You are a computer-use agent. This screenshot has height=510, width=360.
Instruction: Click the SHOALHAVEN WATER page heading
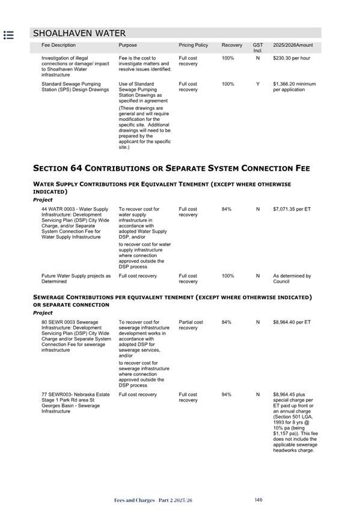[x=79, y=33]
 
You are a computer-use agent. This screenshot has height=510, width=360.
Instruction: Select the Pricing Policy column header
[x=193, y=45]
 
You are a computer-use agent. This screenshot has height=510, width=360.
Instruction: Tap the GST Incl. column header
[x=258, y=48]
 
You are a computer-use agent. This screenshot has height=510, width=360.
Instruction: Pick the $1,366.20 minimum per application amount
[x=294, y=87]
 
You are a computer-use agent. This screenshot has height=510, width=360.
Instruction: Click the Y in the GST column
[x=258, y=84]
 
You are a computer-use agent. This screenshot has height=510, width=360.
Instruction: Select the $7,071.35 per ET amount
[x=291, y=209]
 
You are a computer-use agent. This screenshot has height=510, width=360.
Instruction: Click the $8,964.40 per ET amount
[x=291, y=322]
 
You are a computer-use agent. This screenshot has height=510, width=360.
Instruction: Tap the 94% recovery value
[x=227, y=395]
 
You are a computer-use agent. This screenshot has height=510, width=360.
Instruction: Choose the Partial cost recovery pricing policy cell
[x=191, y=325]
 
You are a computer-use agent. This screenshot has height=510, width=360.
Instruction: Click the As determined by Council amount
[x=291, y=278]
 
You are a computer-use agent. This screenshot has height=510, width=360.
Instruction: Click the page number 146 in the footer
[x=258, y=500]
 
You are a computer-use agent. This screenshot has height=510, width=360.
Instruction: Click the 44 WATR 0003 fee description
[x=75, y=223]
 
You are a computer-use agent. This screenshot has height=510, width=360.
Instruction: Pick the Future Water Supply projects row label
[x=76, y=278]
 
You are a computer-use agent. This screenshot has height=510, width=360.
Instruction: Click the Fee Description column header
[x=59, y=45]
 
